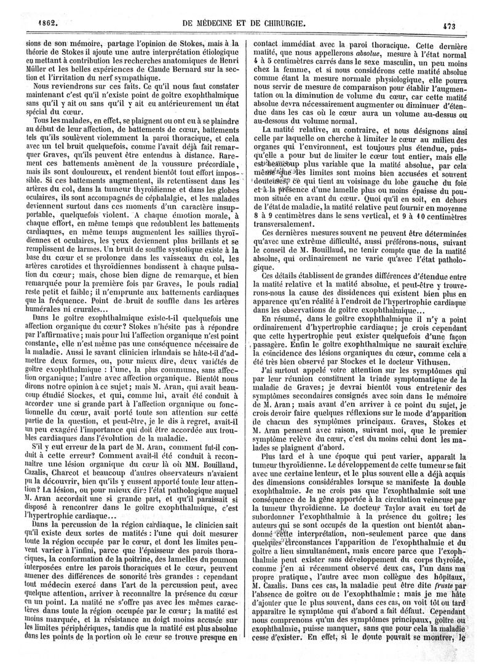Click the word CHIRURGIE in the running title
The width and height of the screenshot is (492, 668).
[279, 24]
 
